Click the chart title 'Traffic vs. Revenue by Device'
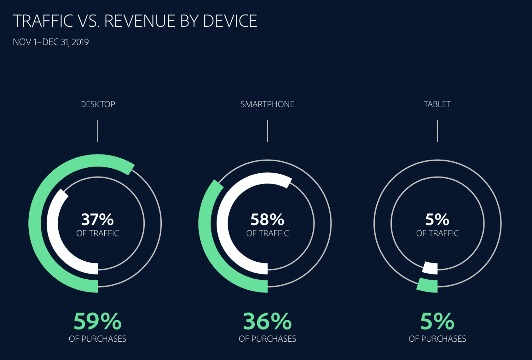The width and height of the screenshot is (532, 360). pyautogui.click(x=135, y=21)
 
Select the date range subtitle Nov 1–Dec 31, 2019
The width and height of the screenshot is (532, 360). pyautogui.click(x=51, y=42)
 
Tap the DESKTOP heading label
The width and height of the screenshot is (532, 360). pyautogui.click(x=97, y=104)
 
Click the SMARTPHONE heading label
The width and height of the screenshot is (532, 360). pyautogui.click(x=267, y=104)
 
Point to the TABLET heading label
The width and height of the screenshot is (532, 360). pyautogui.click(x=437, y=104)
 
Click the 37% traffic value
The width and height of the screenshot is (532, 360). pyautogui.click(x=97, y=219)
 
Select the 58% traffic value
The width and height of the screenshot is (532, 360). pyautogui.click(x=267, y=219)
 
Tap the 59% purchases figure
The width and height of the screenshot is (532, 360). pyautogui.click(x=97, y=322)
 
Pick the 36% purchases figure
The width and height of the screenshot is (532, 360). pyautogui.click(x=267, y=322)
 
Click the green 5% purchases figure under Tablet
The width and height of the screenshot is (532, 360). pyautogui.click(x=437, y=322)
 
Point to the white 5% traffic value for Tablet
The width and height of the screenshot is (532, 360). pyautogui.click(x=437, y=219)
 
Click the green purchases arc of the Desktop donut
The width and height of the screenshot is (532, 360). pyautogui.click(x=35, y=224)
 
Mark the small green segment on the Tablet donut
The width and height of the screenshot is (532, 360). pyautogui.click(x=428, y=285)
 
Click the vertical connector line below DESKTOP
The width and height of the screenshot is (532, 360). pyautogui.click(x=98, y=131)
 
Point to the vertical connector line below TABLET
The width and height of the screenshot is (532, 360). pyautogui.click(x=437, y=131)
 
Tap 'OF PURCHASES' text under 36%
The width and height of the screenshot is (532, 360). pyautogui.click(x=267, y=339)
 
